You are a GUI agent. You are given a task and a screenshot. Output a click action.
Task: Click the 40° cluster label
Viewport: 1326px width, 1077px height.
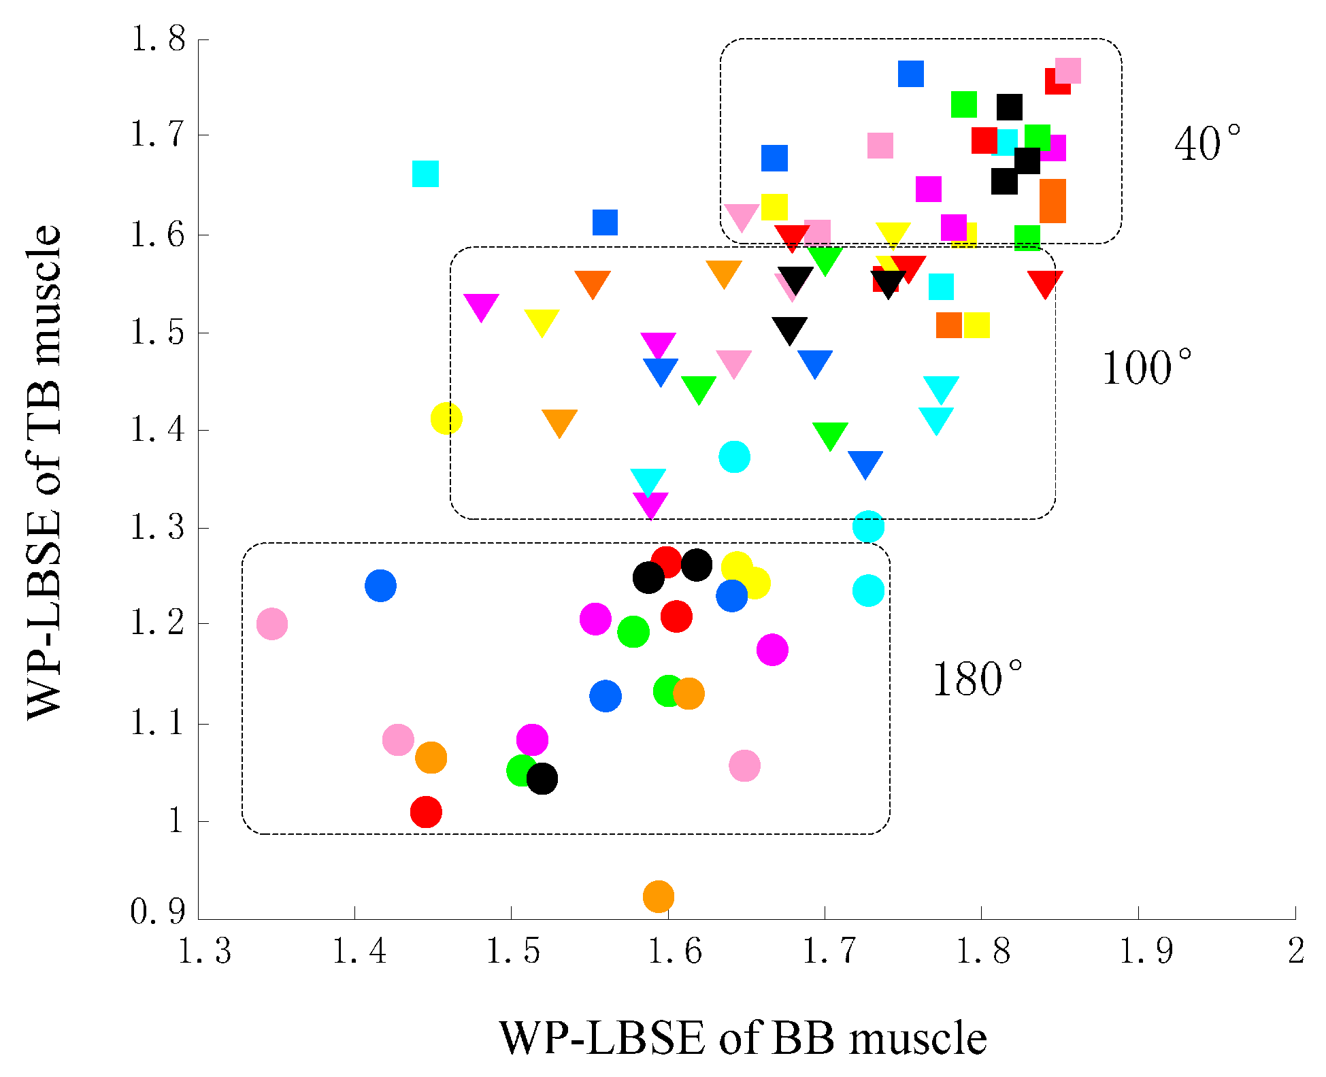coord(1206,144)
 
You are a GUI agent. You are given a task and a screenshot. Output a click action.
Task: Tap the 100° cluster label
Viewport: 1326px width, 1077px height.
coord(1146,368)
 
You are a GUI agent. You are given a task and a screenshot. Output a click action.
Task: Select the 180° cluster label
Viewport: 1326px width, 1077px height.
coord(976,679)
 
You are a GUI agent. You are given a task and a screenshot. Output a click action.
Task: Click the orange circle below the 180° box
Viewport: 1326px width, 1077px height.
coord(658,896)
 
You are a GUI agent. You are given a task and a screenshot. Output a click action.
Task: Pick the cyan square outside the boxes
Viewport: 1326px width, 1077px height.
coord(425,174)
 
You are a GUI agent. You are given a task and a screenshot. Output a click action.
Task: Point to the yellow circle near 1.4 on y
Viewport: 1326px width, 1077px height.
coord(446,418)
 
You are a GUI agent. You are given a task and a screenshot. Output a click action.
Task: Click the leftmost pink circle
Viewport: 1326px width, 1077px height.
coord(272,624)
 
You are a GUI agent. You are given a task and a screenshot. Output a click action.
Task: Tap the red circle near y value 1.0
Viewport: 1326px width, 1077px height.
coord(426,812)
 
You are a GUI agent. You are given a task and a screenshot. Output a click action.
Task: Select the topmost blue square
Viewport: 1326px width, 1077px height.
coord(910,73)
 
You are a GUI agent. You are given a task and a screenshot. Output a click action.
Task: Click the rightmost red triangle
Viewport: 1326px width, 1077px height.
coord(1045,283)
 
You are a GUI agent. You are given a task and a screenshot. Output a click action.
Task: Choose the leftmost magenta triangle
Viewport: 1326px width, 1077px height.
coord(481,306)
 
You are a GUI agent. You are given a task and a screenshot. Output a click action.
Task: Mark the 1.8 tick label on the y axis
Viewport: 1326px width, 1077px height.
coord(158,39)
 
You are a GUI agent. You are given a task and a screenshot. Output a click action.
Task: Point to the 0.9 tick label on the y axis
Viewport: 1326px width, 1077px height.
coord(158,911)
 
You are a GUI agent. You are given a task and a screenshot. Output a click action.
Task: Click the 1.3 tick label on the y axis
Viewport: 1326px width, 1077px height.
coord(158,528)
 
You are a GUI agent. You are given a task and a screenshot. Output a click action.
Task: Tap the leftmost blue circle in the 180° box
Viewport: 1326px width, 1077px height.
coord(380,585)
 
